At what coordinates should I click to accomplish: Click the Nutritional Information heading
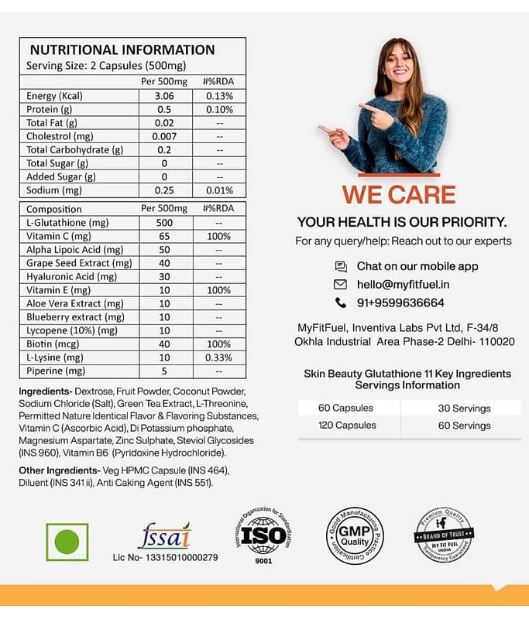click(122, 50)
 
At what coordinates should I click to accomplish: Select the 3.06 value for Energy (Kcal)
click(163, 96)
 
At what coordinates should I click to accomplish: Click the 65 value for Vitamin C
click(163, 236)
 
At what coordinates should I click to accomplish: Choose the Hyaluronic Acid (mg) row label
click(71, 276)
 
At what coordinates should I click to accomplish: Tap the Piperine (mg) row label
click(57, 371)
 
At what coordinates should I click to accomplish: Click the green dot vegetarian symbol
click(67, 541)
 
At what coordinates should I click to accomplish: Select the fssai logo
click(163, 535)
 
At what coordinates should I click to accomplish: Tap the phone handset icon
click(341, 303)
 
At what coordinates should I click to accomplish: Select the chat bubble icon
click(341, 266)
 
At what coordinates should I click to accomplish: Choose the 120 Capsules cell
click(346, 426)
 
